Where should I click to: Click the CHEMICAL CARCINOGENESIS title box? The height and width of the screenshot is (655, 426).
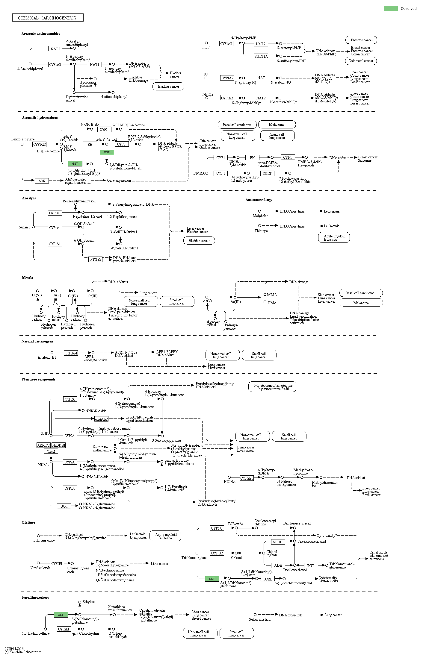48,18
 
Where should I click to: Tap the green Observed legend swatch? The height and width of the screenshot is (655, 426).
391,8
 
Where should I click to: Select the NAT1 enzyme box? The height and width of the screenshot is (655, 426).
95,64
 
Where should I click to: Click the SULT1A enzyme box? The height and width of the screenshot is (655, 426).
261,56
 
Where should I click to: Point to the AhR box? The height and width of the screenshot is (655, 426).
42,181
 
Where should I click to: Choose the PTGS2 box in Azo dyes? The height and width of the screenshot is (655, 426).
96,259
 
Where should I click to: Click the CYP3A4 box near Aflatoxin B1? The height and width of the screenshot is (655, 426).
71,353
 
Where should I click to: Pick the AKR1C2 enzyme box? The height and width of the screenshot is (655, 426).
43,445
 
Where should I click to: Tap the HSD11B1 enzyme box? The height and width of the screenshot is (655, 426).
59,445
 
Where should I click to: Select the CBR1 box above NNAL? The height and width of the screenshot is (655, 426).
51,451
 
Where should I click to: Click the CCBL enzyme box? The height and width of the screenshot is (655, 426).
267,579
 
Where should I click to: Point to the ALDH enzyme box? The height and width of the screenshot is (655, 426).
277,542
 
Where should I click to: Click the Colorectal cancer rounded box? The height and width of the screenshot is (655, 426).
361,61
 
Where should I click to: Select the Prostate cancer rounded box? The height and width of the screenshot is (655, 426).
362,40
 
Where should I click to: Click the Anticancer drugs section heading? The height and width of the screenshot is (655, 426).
259,200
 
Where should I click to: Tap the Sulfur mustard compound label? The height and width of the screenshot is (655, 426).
260,619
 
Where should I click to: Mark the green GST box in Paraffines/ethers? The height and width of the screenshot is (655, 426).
61,615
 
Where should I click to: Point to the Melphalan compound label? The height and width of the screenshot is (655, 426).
260,216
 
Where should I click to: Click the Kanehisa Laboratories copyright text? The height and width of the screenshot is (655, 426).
23,652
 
